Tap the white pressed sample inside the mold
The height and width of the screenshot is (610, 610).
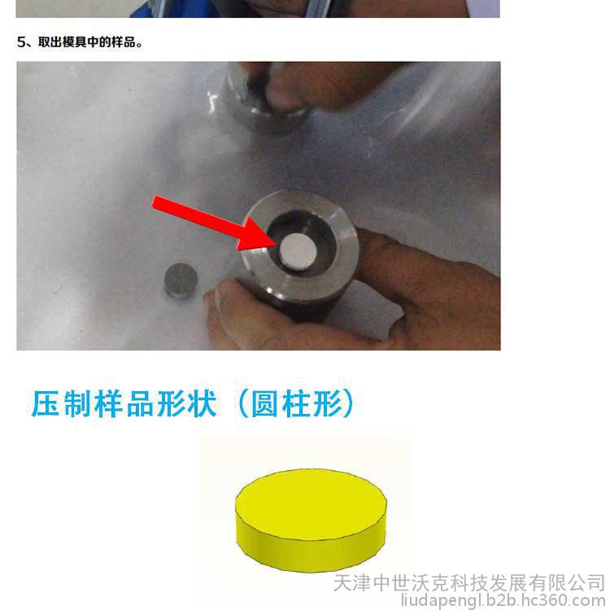tap(298, 251)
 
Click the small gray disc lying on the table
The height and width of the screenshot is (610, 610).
tap(181, 280)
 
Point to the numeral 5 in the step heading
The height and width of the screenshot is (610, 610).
tap(21, 42)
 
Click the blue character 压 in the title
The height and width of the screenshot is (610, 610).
tap(46, 403)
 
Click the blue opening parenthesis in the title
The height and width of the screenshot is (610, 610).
tap(243, 403)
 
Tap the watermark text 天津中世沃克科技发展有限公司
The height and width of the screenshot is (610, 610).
tap(468, 583)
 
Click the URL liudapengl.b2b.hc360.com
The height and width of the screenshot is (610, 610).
tap(504, 601)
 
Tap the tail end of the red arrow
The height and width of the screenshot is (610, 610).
tap(155, 203)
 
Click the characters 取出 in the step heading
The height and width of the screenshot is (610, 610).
tap(50, 42)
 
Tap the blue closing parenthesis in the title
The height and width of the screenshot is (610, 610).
tap(348, 403)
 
